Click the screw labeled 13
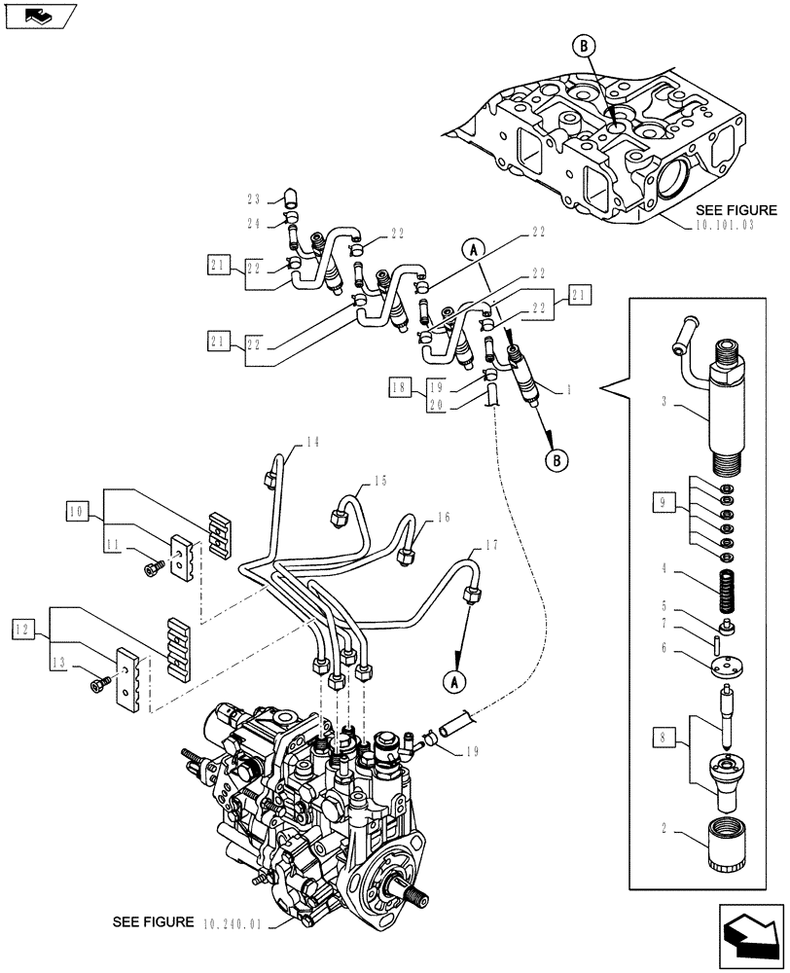[x=98, y=687]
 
